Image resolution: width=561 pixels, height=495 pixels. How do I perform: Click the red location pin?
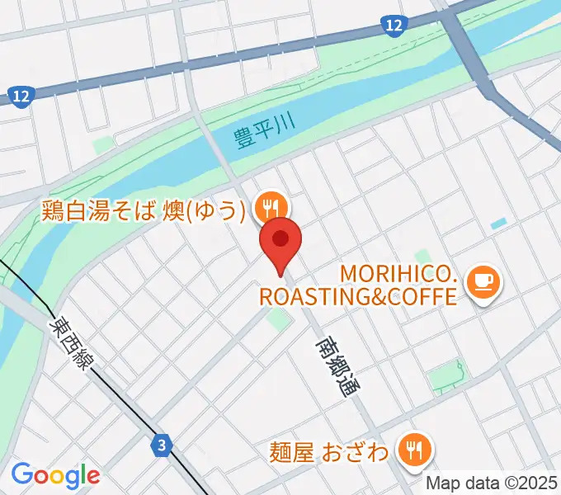pos(280,240)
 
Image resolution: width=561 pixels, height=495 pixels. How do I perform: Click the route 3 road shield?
pos(163,446)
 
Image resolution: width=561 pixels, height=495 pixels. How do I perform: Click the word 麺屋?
pos(293,453)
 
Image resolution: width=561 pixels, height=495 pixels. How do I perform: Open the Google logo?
pos(55,474)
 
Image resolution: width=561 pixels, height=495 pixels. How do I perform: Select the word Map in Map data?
pos(441,482)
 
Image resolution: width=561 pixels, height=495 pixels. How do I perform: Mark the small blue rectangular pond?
pos(497,224)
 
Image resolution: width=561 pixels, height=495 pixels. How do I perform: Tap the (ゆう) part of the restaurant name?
pos(219,212)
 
